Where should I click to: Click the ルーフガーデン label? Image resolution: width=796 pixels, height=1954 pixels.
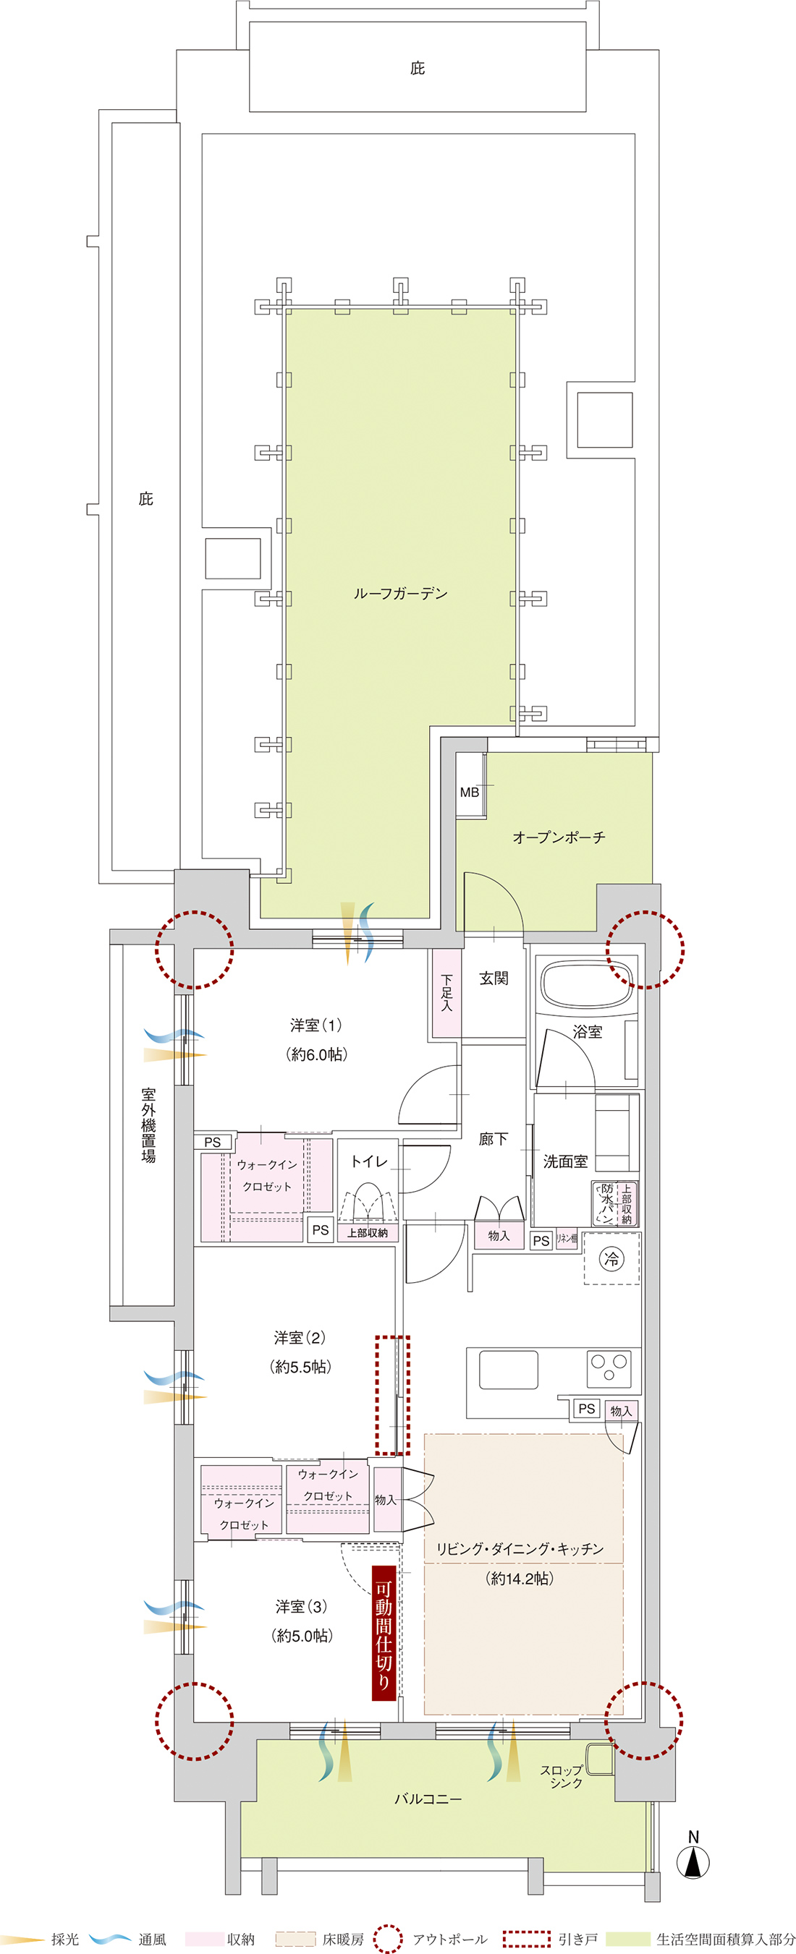pos(400,594)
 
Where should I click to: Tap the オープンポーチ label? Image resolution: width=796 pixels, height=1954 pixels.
pos(559,837)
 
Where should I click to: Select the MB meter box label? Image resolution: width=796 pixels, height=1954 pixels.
pos(469,793)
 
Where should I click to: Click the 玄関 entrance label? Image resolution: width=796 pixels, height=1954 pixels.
pos(494,978)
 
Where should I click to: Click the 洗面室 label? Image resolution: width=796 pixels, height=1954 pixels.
pos(565,1161)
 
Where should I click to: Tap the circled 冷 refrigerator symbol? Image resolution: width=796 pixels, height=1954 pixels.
pos(611,1260)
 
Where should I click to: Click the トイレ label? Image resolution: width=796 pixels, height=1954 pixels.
pos(369,1161)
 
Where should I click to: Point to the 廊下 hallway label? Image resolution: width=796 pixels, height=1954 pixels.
pos(494,1138)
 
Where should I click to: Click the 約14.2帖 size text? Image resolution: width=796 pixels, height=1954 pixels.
pos(519,1579)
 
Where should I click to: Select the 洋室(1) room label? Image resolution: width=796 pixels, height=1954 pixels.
pos(316,1025)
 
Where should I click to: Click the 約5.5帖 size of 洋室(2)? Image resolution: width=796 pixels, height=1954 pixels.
pos(300,1367)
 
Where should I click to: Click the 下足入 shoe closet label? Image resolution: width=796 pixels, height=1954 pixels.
pos(446,993)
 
